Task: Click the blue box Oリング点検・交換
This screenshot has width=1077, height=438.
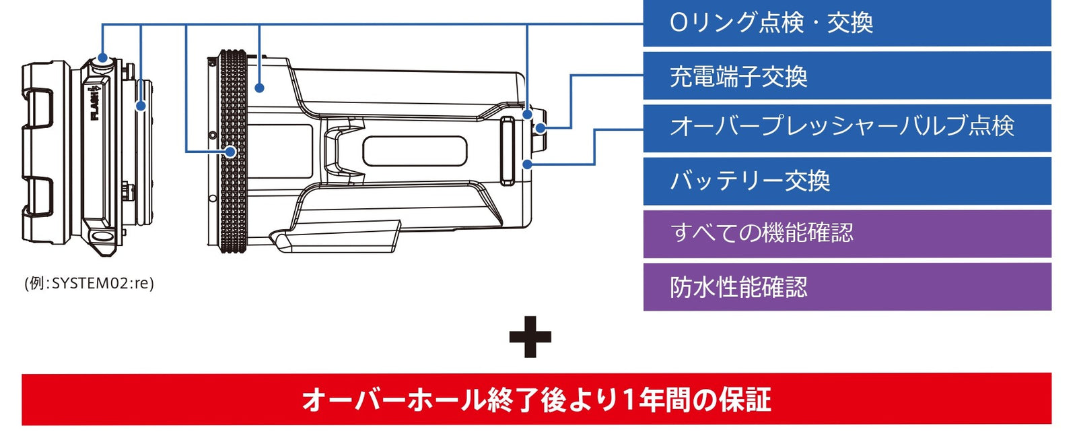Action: point(847,23)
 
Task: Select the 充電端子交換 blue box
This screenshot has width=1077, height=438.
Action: point(847,75)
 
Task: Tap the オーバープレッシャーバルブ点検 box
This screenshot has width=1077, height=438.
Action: point(847,128)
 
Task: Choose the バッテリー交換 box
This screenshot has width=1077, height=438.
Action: point(847,181)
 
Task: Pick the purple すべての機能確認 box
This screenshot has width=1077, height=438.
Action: point(847,233)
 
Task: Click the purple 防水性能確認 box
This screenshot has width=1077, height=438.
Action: point(847,286)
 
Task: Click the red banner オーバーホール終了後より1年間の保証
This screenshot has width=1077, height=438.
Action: point(536,399)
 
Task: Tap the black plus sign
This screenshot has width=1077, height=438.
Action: point(530,337)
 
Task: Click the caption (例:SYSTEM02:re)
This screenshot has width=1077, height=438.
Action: point(90,283)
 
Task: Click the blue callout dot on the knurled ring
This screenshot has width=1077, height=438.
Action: point(231,152)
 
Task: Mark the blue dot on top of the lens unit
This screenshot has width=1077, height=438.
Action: point(102,58)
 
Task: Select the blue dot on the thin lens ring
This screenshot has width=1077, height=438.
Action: point(141,105)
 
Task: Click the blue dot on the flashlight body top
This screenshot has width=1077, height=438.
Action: point(260,88)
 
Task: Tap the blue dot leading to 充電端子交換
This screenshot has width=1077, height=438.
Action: point(541,128)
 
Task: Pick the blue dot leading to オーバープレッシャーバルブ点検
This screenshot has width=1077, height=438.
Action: point(528,164)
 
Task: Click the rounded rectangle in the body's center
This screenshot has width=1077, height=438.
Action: point(415,151)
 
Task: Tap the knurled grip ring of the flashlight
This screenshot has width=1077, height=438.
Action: point(233,151)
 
